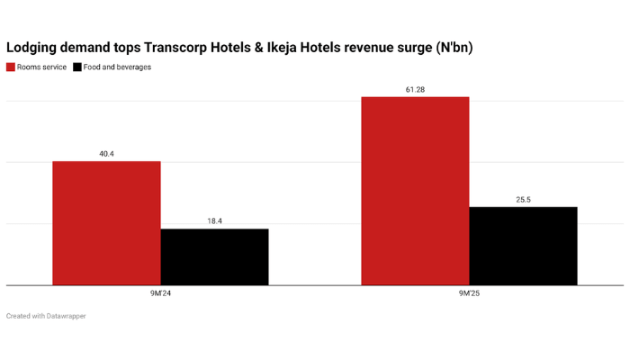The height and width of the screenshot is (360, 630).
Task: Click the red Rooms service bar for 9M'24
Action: (x=106, y=223)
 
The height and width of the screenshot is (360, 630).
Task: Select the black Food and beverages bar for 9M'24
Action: (x=214, y=256)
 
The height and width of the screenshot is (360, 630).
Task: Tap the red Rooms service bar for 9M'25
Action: (x=415, y=191)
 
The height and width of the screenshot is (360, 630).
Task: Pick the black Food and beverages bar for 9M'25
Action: (x=523, y=246)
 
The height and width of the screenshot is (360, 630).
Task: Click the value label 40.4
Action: (x=106, y=154)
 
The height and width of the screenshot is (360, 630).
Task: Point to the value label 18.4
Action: (x=214, y=220)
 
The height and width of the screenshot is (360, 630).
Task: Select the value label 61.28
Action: (x=415, y=88)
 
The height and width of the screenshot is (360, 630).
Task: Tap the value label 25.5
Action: (x=523, y=200)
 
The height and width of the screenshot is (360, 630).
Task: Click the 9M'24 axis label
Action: (x=160, y=293)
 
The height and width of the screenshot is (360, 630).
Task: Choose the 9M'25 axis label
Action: (x=469, y=293)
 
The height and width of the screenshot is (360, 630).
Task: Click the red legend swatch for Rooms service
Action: (x=11, y=67)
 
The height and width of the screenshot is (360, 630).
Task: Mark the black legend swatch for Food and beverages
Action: (x=77, y=67)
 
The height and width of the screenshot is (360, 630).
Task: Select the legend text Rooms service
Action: (x=41, y=67)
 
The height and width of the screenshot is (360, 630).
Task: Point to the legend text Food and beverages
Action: (x=117, y=67)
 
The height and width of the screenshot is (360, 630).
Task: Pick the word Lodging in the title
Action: (x=33, y=47)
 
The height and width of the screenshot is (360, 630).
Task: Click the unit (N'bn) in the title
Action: (x=452, y=47)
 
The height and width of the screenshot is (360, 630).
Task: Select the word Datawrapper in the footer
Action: (x=65, y=316)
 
